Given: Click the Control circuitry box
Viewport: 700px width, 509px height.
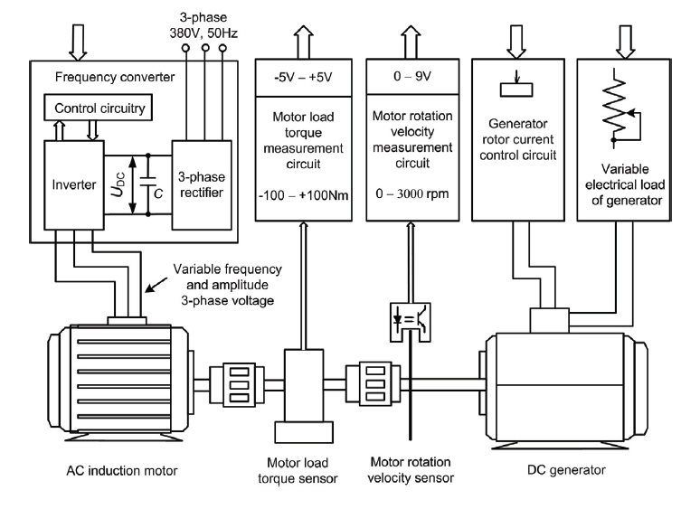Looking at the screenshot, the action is click(99, 108).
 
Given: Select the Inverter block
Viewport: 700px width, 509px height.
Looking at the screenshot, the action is click(74, 185).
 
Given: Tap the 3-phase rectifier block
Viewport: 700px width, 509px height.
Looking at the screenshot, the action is click(202, 185).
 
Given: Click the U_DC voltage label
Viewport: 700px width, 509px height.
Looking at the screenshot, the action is click(118, 184).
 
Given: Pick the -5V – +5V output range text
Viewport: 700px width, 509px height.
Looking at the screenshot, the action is click(303, 78).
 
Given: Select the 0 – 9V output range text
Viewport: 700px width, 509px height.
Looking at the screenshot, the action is click(412, 76).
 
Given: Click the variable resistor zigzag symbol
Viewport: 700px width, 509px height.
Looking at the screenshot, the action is click(615, 107).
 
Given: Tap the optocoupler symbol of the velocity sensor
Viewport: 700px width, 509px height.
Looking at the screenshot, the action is click(411, 322).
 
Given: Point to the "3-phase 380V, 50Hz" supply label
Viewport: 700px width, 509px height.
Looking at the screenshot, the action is click(203, 25).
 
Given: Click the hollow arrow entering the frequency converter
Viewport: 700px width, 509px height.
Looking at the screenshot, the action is click(78, 42).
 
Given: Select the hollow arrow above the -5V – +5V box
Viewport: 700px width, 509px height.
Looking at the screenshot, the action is click(304, 42).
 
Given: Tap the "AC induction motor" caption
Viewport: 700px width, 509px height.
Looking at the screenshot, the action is click(122, 471).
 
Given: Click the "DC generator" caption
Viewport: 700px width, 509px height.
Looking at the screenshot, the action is click(566, 470).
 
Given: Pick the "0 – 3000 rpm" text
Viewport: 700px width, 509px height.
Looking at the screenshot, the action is click(412, 194).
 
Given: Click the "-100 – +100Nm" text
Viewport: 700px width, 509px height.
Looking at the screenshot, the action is click(303, 195).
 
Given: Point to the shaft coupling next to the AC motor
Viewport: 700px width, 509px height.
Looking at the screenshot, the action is click(240, 384).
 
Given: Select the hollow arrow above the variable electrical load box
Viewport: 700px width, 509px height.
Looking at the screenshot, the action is click(625, 42).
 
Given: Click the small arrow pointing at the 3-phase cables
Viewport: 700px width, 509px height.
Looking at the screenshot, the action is click(156, 285).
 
